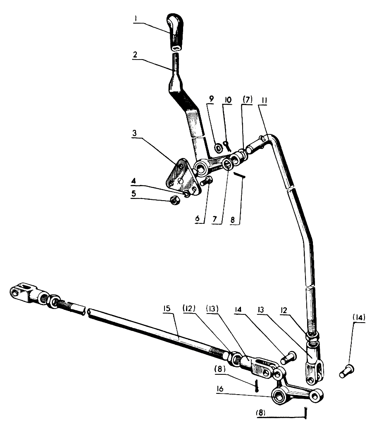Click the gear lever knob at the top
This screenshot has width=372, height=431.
point(176,31)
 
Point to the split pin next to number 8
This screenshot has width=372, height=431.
point(240,175)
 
